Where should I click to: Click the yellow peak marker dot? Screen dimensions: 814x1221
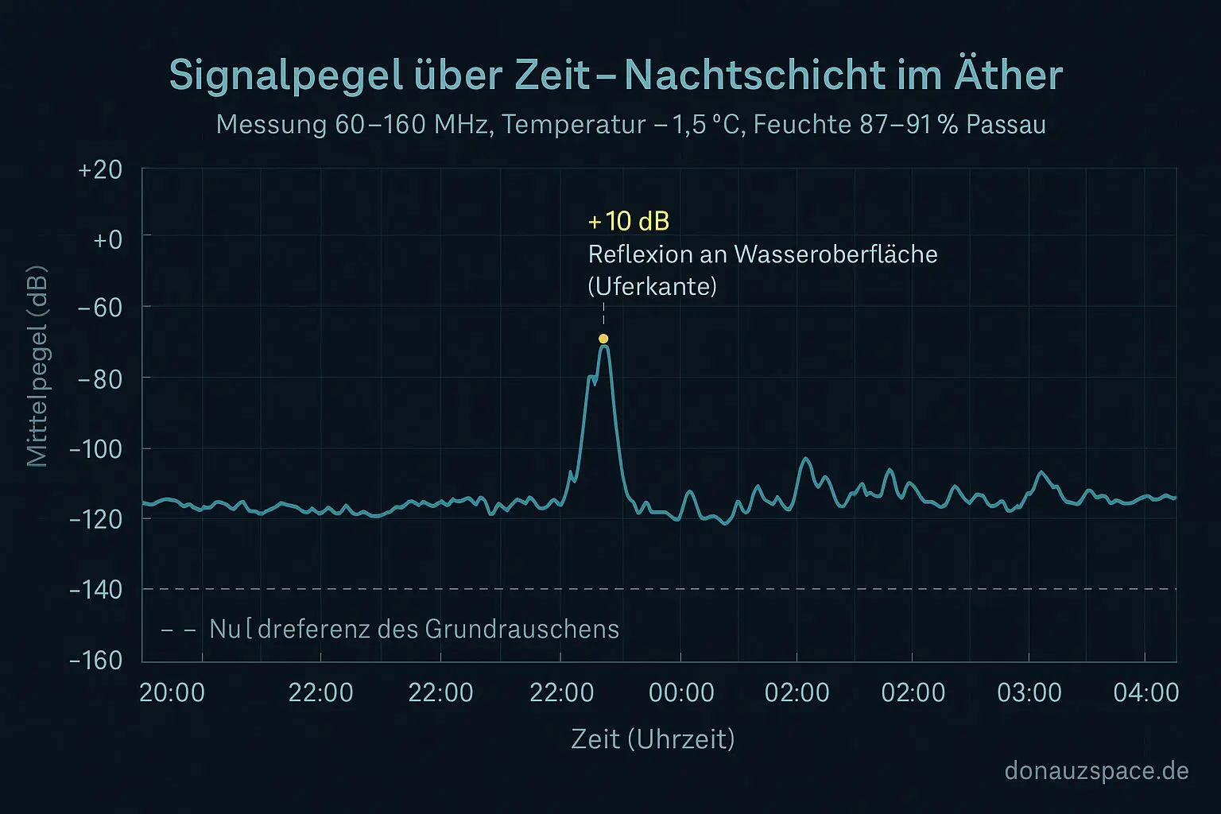coord(603,339)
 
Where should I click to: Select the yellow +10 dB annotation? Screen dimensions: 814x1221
coord(628,221)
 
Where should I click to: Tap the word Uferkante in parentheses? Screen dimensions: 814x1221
coord(652,286)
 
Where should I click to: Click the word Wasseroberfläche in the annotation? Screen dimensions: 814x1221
coord(835,254)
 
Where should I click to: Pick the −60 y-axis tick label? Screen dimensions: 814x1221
coord(100,307)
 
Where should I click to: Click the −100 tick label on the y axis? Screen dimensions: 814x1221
coord(96,449)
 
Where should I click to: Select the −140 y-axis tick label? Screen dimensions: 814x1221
coord(96,590)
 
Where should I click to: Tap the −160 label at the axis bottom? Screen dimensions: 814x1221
coord(96,661)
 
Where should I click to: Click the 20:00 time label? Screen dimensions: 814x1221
coord(172,692)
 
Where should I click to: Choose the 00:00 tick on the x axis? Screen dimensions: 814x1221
coord(681,692)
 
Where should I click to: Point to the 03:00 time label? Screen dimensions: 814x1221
coord(1029,692)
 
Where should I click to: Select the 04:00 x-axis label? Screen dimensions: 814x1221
coord(1145,692)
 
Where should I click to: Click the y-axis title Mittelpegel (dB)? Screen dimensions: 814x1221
coord(37,366)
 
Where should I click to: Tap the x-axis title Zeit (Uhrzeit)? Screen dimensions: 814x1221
coord(653,739)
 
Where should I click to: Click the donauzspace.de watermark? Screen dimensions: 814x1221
coord(1096,770)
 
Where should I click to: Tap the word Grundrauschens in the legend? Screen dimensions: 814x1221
coord(521,629)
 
